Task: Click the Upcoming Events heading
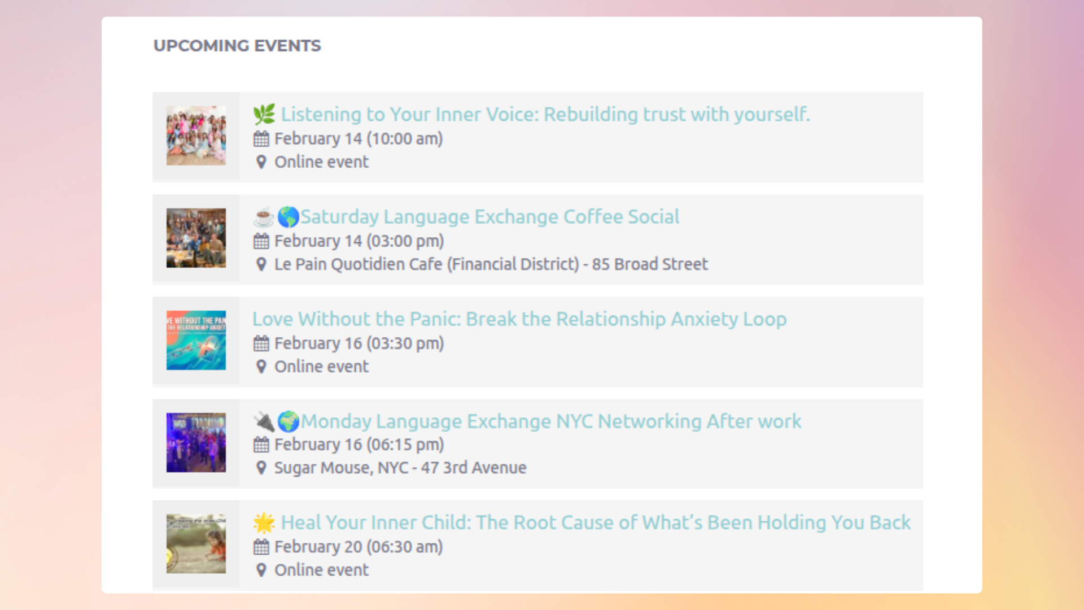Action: click(x=237, y=46)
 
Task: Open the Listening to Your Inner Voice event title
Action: click(x=545, y=115)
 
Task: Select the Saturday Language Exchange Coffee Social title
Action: click(x=489, y=217)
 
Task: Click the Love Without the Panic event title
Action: click(x=519, y=319)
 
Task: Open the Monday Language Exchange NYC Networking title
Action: click(x=550, y=421)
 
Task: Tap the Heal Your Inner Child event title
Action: click(x=595, y=523)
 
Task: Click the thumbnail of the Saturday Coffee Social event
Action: click(x=196, y=238)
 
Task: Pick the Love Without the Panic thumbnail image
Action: click(x=196, y=340)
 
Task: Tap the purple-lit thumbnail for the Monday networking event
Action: click(x=196, y=442)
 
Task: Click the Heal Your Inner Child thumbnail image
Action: click(x=196, y=544)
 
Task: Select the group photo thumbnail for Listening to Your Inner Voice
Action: click(x=196, y=136)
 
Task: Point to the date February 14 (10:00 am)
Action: click(x=358, y=139)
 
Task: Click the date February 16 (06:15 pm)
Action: click(x=359, y=445)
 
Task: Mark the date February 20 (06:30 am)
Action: click(x=358, y=547)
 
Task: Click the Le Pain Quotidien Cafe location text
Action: click(x=491, y=264)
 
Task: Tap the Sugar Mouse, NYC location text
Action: click(x=400, y=468)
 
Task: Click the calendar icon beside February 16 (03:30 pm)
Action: click(x=261, y=343)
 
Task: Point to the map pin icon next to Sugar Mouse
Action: click(x=261, y=468)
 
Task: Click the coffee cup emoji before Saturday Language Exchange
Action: click(x=263, y=217)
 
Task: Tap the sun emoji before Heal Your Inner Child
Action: click(x=264, y=523)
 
